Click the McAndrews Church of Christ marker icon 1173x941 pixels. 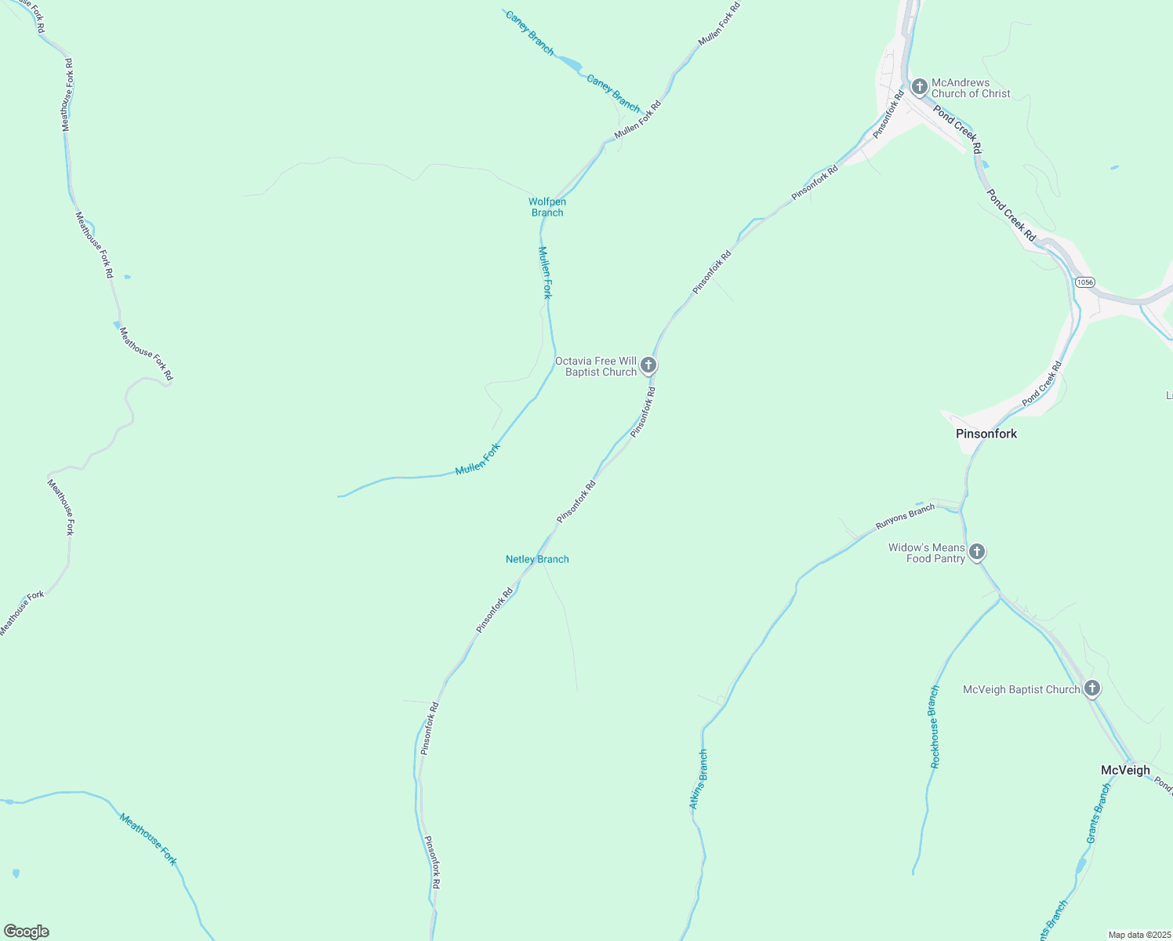[919, 86]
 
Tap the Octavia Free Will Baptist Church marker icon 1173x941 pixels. [648, 365]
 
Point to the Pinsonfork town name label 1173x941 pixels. [986, 434]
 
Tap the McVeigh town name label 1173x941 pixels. [1125, 770]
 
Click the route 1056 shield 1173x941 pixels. [1084, 282]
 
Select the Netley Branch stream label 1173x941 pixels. [537, 559]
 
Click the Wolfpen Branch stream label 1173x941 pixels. [547, 207]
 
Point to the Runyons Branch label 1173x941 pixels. [905, 516]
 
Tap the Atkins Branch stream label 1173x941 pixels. [698, 779]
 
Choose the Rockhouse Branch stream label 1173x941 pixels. [934, 727]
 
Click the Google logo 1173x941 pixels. [26, 932]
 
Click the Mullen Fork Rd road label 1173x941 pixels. [637, 120]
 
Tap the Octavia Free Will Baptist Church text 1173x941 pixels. [596, 366]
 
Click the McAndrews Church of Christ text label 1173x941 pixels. [970, 88]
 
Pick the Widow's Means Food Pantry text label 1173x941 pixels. [927, 553]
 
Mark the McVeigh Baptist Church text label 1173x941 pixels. [1021, 689]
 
